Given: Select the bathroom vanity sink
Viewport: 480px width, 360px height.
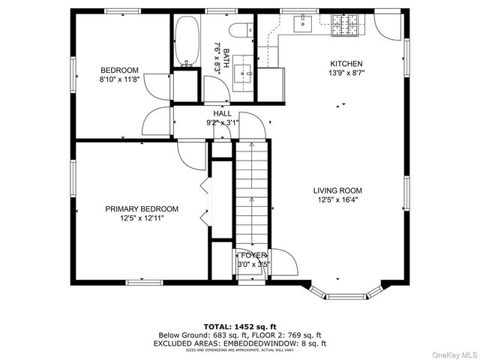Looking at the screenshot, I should pos(242,73).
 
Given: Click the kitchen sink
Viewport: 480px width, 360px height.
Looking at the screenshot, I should pos(304,24).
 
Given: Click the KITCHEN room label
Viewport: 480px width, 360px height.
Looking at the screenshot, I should pos(346,64).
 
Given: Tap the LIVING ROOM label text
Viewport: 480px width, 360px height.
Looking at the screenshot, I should pos(337,190).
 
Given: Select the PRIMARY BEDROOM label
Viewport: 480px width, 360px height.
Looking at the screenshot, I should pos(142,208).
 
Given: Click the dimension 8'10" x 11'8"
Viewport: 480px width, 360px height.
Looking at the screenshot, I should pos(121,79).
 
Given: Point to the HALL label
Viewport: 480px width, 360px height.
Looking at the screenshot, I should pos(223,113).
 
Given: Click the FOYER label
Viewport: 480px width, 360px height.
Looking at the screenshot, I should pos(253,256).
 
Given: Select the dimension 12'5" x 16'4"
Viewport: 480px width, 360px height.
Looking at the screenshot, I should pos(337,200).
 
